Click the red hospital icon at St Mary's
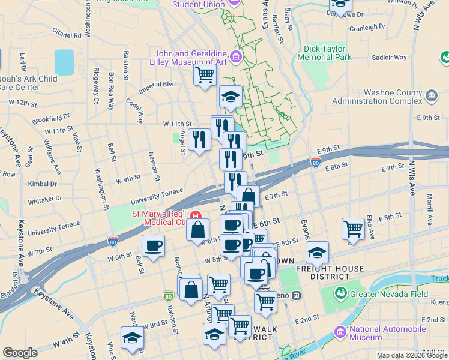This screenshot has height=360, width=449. click(x=194, y=215)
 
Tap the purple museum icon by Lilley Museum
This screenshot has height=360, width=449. click(x=235, y=58)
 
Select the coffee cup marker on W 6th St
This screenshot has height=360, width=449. click(x=153, y=245)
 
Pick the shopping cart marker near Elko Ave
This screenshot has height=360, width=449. click(x=353, y=229)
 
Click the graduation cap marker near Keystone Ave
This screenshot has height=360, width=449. click(x=132, y=337)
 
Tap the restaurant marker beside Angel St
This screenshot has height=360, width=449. click(x=199, y=139)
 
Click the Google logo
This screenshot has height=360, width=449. click(x=20, y=353)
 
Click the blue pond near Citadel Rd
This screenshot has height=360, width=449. click(x=64, y=62)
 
